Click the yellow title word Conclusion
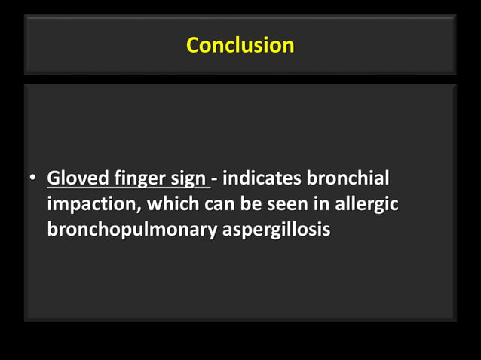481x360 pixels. tap(240, 45)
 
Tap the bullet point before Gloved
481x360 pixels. tap(33, 180)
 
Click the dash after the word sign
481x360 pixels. tap(216, 180)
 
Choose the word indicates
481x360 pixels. tap(261, 179)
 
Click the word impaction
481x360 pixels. tap(93, 205)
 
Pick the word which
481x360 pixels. tap(170, 204)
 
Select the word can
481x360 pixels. tap(213, 204)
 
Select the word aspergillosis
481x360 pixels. tap(276, 229)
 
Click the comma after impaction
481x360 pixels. tap(141, 210)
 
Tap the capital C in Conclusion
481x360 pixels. tap(192, 45)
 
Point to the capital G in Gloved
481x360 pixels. tap(54, 179)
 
